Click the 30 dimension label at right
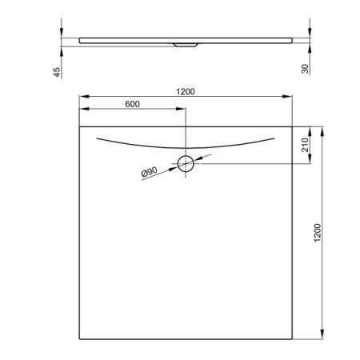pyautogui.click(x=305, y=70)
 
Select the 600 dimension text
pyautogui.click(x=133, y=105)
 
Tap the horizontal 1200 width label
pyautogui.click(x=186, y=91)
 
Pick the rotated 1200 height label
pyautogui.click(x=318, y=232)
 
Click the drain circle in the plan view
pyautogui.click(x=186, y=164)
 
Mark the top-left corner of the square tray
pyautogui.click(x=79, y=126)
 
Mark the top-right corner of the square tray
pyautogui.click(x=291, y=126)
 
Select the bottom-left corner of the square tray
pyautogui.click(x=79, y=337)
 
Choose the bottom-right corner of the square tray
pyautogui.click(x=291, y=337)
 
